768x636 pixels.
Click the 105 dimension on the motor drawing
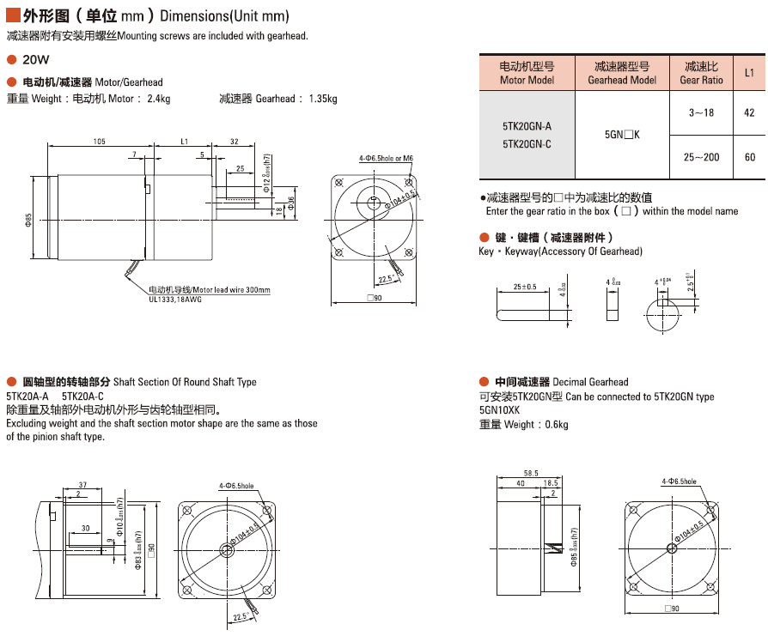100,141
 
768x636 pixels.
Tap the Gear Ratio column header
701,73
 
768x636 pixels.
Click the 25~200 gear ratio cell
701,157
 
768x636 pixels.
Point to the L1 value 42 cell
749,112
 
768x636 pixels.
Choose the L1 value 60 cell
749,157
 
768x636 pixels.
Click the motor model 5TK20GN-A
527,125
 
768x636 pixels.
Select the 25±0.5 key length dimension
524,287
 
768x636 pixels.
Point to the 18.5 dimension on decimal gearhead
551,484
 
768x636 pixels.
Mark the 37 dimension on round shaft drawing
82,485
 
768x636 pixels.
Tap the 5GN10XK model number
499,410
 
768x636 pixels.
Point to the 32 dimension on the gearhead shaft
234,141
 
